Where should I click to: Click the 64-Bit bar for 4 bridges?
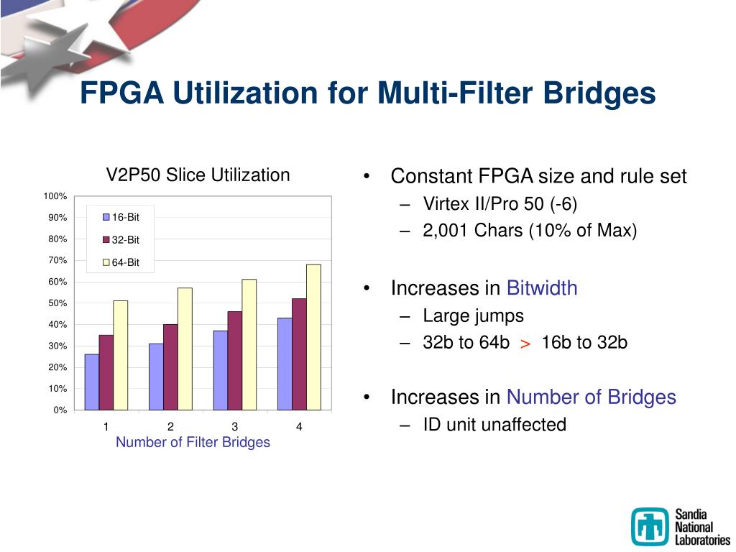click(313, 337)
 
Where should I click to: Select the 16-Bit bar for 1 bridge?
click(91, 382)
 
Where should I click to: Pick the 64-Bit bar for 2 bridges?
click(185, 349)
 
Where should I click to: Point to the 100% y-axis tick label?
click(55, 196)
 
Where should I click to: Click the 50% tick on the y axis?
click(57, 303)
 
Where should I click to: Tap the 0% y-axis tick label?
click(60, 410)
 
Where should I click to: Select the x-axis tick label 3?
click(235, 427)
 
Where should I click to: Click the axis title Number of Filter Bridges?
click(193, 442)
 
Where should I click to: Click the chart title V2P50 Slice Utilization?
click(198, 175)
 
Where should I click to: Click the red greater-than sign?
click(525, 344)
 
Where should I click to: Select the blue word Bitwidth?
click(542, 288)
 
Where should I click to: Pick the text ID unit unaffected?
click(494, 425)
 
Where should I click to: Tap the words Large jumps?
click(473, 316)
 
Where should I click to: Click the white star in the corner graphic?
click(43, 50)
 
